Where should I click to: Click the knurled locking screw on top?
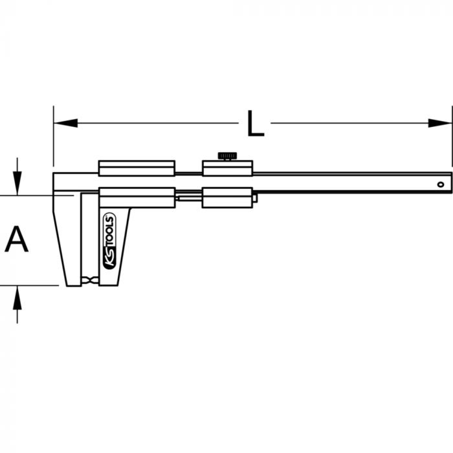click(226, 155)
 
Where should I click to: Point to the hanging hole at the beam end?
click(441, 184)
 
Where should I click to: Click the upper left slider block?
click(137, 168)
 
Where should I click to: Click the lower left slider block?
click(137, 197)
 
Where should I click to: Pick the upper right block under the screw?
click(226, 168)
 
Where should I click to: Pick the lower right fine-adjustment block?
click(226, 197)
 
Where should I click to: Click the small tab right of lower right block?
click(255, 198)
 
